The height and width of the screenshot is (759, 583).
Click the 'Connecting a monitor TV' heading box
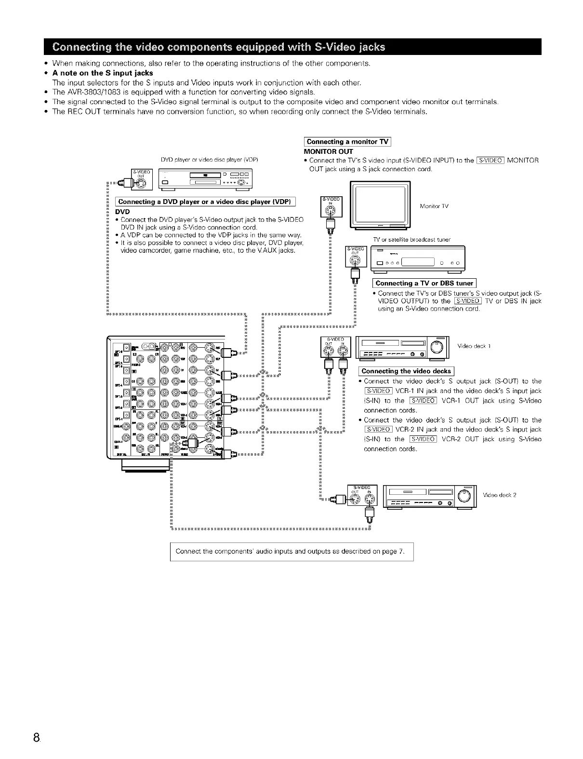pos(347,142)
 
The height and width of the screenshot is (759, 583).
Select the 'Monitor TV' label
pos(434,206)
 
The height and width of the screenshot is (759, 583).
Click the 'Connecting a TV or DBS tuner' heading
pos(424,284)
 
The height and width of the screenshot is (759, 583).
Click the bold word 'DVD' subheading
pos(122,211)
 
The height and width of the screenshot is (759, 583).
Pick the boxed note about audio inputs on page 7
pos(291,552)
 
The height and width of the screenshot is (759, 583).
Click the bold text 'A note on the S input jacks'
pos(102,73)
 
